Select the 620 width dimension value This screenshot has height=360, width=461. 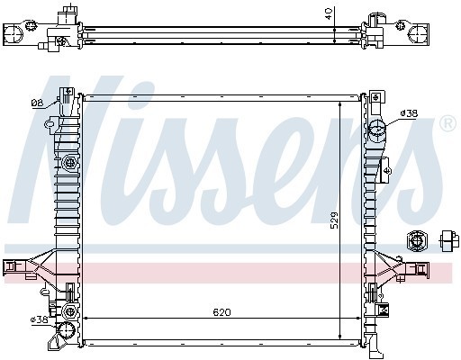point(221,312)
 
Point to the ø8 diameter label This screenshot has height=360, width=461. point(37,103)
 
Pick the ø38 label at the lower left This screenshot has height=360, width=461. point(39,319)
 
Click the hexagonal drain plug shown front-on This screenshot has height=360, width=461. point(417,239)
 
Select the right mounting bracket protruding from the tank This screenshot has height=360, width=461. point(419,267)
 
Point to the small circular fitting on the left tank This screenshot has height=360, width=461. point(69,163)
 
